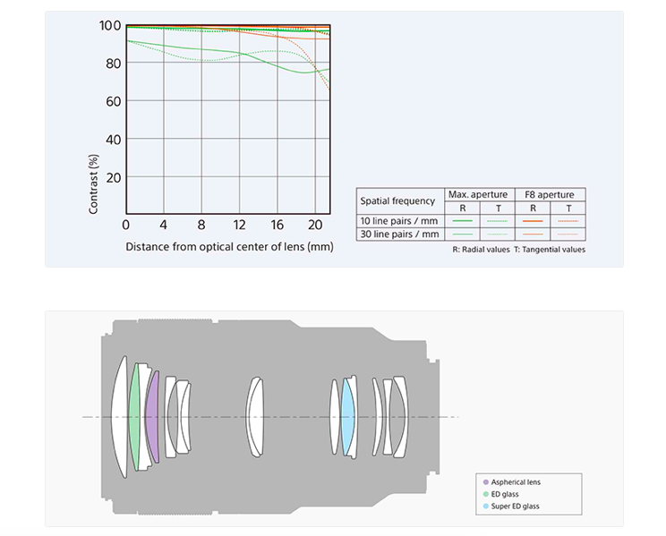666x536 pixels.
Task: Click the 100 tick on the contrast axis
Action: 110,25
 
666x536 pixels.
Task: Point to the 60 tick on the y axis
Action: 114,101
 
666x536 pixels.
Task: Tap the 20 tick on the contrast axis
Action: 114,177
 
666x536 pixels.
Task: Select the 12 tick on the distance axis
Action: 239,225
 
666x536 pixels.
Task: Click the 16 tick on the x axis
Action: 277,225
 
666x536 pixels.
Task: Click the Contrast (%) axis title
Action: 93,184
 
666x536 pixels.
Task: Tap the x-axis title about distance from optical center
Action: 229,247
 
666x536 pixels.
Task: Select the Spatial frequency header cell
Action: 397,201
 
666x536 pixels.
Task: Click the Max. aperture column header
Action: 478,194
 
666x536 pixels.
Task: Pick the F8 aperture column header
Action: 550,194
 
